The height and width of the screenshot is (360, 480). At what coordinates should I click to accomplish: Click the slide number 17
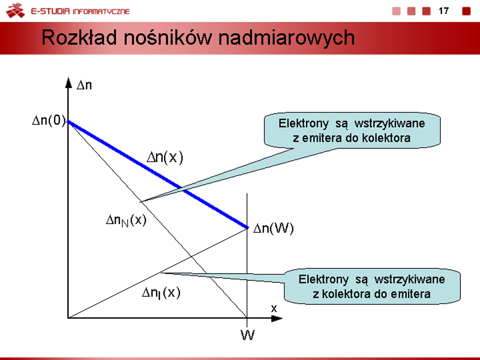pos(443,11)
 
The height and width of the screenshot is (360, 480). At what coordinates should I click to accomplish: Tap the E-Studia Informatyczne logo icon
pos(15,10)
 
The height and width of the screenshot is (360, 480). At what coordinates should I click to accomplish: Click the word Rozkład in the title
pos(79,37)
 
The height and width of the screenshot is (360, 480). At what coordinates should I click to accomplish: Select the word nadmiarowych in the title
pos(286,38)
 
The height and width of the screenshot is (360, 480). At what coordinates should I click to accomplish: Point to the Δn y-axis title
pos(84,85)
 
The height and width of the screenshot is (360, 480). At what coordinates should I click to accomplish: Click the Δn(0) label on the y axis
pos(49,120)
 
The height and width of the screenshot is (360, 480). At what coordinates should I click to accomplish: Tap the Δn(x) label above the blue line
pos(164,157)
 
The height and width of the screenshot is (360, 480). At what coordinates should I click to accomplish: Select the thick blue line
pos(158,174)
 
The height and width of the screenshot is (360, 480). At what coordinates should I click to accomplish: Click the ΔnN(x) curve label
pos(126,220)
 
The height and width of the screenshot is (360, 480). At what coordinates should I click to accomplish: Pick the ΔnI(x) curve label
pos(161,293)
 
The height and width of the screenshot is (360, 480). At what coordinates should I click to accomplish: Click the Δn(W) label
pos(273,228)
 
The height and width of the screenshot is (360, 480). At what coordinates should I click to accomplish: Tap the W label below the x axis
pos(247,335)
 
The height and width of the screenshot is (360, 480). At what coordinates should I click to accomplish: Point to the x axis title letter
pos(274,308)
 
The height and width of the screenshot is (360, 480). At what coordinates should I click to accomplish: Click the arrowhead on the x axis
pos(276,318)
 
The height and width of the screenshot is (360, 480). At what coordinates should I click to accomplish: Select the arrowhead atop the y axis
pos(68,82)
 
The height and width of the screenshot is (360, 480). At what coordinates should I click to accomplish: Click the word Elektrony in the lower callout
pos(323,279)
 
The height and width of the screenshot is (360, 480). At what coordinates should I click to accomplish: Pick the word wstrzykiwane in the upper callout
pos(389,123)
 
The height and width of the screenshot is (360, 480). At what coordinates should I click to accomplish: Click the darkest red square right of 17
pos(466,11)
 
